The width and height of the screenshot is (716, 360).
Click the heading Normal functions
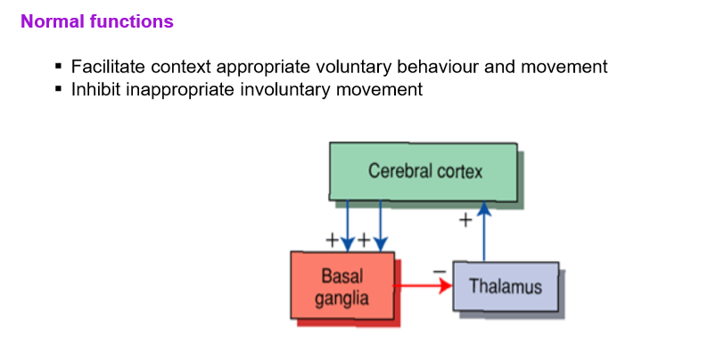[x=96, y=21]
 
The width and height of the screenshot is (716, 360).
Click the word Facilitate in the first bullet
[x=105, y=67]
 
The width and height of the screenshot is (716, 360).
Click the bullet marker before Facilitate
[x=59, y=67]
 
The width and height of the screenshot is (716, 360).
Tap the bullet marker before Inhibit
[x=59, y=89]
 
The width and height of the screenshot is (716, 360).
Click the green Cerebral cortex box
[x=424, y=171]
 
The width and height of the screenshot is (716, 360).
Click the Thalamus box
[x=505, y=287]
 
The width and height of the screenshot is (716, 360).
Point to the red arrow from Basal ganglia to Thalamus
[x=424, y=287]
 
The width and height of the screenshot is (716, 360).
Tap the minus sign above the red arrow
[x=438, y=270]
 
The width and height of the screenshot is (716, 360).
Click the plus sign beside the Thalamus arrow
[x=465, y=221]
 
